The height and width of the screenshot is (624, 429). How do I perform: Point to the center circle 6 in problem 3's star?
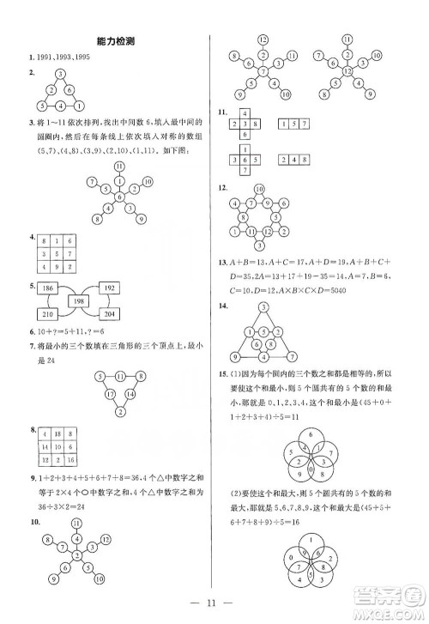pyautogui.click(x=119, y=197)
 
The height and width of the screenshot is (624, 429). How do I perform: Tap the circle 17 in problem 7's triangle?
pyautogui.click(x=111, y=393)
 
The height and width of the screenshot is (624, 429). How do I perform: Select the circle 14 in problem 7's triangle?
pyautogui.click(x=131, y=393)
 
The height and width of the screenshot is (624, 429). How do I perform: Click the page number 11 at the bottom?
pyautogui.click(x=215, y=603)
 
